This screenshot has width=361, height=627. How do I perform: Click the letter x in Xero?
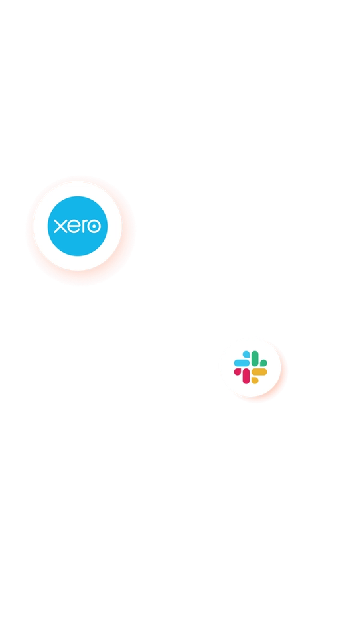(60, 226)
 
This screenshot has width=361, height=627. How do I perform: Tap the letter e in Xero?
(73, 226)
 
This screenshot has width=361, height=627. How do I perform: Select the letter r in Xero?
(83, 226)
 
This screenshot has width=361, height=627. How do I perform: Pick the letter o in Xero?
(94, 226)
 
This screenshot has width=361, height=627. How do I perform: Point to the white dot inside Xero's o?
(94, 226)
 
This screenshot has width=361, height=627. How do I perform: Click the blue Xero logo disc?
(78, 226)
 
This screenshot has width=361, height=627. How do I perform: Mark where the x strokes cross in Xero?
(60, 226)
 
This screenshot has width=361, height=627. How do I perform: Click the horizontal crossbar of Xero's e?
(73, 226)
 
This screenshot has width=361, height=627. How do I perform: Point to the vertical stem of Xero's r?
(82, 227)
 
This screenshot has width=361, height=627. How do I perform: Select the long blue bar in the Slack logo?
(242, 363)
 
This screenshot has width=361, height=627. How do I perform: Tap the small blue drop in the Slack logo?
(246, 354)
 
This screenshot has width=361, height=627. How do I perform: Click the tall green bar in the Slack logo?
(255, 359)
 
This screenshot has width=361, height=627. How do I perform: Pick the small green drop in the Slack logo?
(263, 363)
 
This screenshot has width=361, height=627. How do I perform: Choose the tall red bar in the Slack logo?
(246, 376)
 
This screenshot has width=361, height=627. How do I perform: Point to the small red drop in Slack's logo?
(238, 372)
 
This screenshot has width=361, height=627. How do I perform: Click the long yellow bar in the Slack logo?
(259, 372)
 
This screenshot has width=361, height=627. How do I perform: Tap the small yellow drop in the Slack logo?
(255, 380)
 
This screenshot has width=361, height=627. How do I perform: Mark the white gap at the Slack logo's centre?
(251, 368)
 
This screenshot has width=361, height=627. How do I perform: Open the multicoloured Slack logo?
(251, 368)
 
